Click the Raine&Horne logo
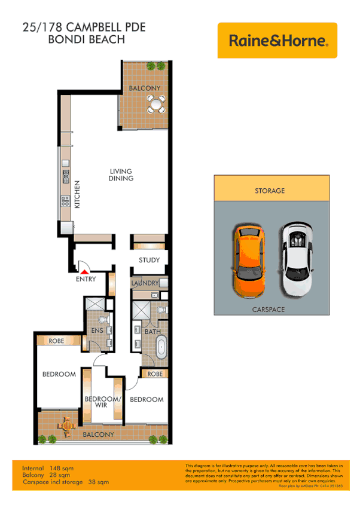pyautogui.click(x=277, y=41)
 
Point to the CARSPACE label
pyautogui.click(x=269, y=310)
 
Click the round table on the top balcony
pyautogui.click(x=157, y=105)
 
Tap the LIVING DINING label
pyautogui.click(x=121, y=175)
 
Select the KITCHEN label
pyautogui.click(x=77, y=194)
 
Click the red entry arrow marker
pyautogui.click(x=84, y=272)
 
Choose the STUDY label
pyautogui.click(x=149, y=260)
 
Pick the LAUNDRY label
pyautogui.click(x=145, y=283)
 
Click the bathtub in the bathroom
pyautogui.click(x=161, y=348)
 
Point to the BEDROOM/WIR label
pyautogui.click(x=103, y=402)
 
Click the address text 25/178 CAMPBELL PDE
pyautogui.click(x=84, y=27)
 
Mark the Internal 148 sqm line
pyautogui.click(x=48, y=468)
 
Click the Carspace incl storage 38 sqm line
pyautogui.click(x=65, y=482)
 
